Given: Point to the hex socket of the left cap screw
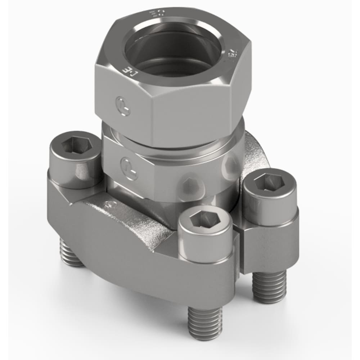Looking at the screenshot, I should pos(76,145).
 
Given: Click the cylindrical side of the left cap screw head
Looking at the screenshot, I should pos(74,169).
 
